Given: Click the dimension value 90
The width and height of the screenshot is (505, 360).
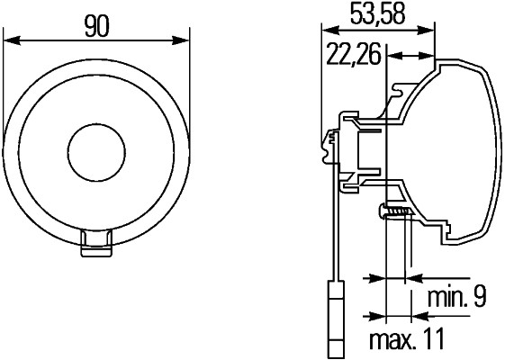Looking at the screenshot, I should click(97, 26).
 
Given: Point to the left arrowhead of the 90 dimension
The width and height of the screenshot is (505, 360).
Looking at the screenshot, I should click(9, 40).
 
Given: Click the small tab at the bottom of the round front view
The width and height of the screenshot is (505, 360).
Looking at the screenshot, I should click(96, 243).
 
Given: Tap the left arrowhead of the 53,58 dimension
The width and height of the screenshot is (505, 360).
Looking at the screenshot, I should click(326, 29).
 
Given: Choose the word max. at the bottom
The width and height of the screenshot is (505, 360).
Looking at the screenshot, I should click(392, 339).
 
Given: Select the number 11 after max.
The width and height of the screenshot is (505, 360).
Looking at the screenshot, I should click(435, 339).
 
